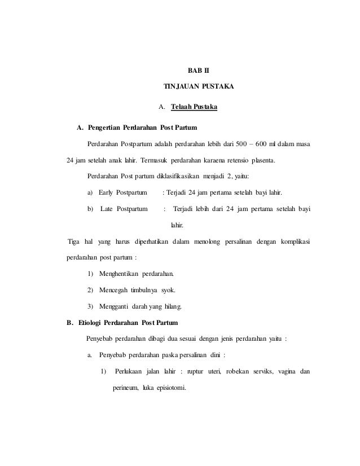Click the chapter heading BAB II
pos(197,71)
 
